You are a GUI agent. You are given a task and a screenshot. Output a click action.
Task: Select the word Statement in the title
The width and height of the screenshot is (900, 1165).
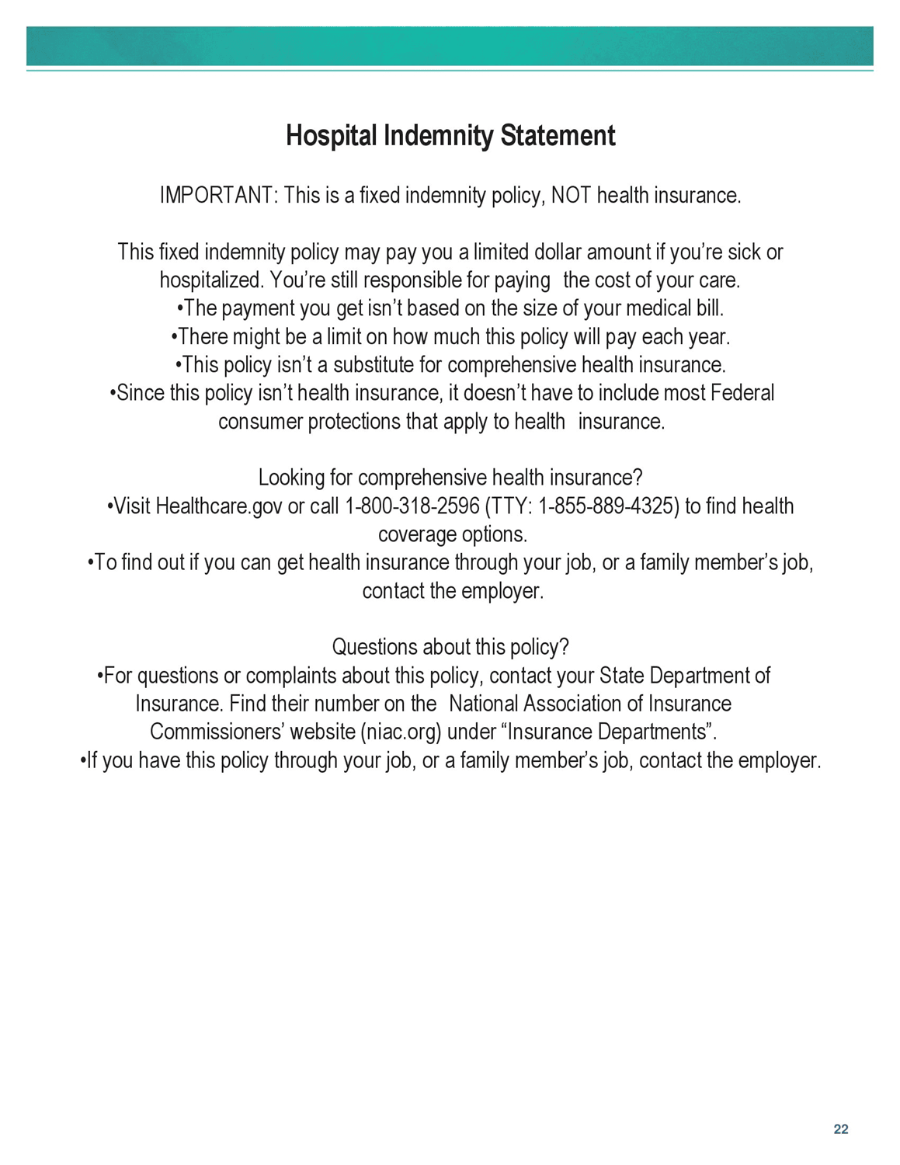click(558, 136)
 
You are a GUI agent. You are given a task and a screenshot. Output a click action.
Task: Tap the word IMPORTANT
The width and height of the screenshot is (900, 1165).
click(216, 195)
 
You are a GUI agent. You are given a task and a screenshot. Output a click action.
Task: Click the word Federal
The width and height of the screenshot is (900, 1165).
click(742, 393)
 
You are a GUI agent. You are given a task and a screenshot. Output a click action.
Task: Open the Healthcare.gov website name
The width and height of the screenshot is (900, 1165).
click(219, 506)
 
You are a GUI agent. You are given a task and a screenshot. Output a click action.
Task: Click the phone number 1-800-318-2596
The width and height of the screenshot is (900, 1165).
click(412, 506)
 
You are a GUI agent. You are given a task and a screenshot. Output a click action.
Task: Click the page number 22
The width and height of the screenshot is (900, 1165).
click(841, 1129)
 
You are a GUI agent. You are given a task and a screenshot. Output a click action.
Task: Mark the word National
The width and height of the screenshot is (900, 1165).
click(484, 704)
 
